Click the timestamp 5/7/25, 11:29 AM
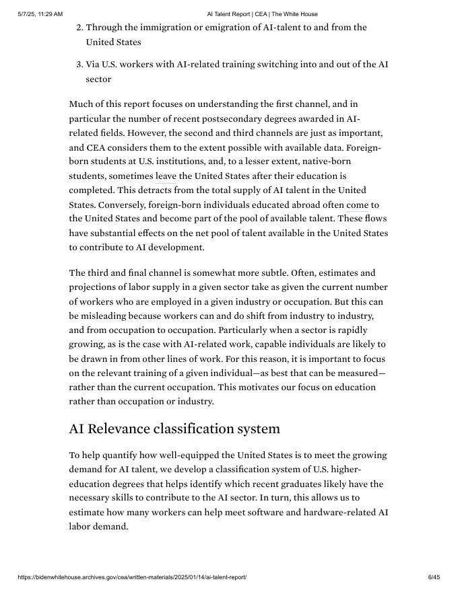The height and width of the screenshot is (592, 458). point(40,14)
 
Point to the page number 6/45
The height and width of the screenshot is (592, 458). point(434,577)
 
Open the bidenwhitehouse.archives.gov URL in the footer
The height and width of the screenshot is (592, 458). point(132,577)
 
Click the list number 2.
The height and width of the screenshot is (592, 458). point(79,28)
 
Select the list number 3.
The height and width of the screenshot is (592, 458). point(79,65)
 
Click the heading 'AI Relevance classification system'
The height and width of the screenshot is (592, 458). point(174,429)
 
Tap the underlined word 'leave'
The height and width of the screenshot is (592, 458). point(166,176)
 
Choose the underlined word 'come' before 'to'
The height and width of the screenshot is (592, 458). point(357,205)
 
